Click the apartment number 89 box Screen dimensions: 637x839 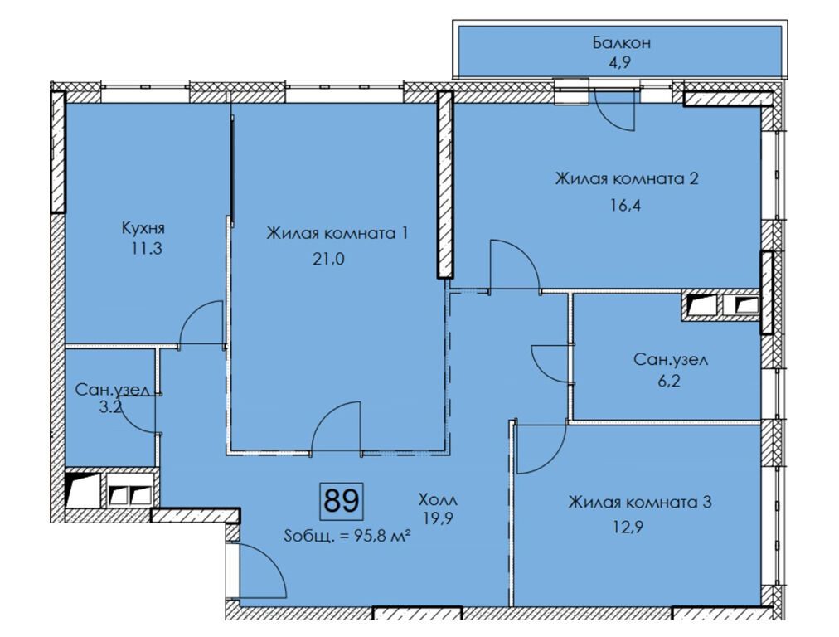click(x=341, y=500)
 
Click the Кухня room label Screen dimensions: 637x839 click(x=143, y=227)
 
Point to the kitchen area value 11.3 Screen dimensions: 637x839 click(x=143, y=247)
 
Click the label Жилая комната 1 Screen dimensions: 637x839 click(x=337, y=234)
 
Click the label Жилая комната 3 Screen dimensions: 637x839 click(x=640, y=502)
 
